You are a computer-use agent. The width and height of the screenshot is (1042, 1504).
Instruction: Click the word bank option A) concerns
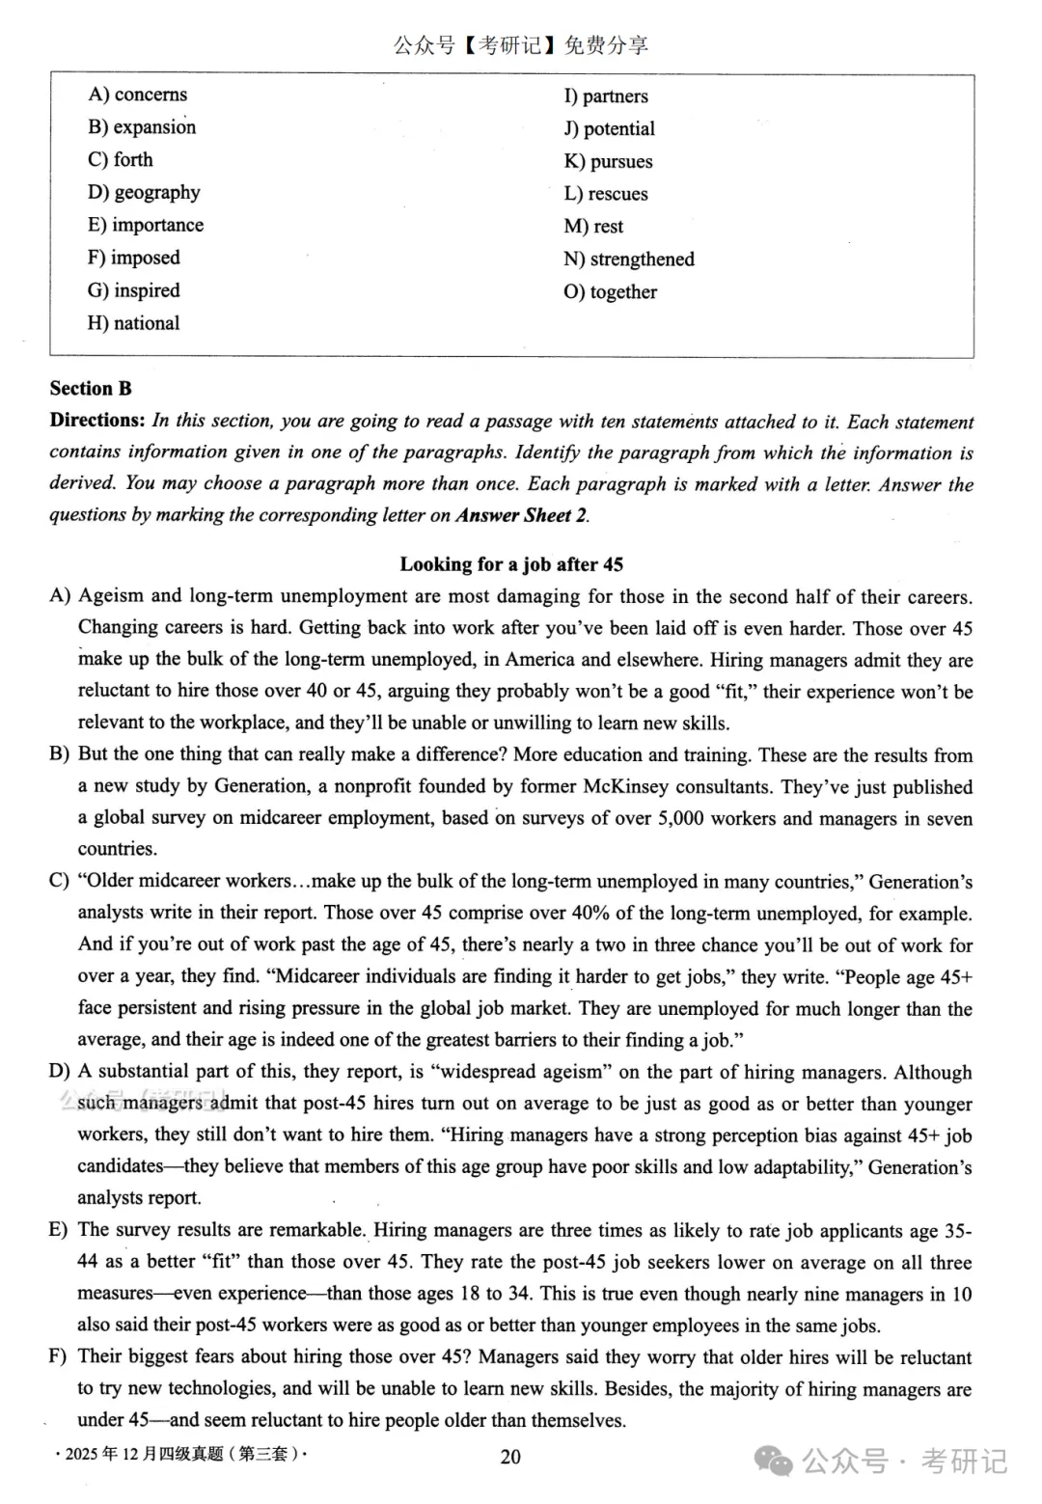click(137, 95)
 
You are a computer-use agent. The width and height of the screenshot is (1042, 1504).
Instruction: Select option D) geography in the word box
click(144, 192)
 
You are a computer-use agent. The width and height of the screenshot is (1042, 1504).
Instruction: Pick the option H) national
click(133, 323)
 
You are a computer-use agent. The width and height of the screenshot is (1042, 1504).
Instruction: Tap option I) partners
click(606, 96)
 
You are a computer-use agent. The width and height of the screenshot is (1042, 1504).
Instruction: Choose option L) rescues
click(606, 194)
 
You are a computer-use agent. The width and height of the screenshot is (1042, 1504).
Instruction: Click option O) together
click(610, 292)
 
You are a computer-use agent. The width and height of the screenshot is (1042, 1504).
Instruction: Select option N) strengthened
click(628, 260)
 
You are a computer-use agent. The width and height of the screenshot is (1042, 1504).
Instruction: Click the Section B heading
click(91, 389)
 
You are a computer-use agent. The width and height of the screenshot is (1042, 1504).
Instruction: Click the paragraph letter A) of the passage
click(60, 596)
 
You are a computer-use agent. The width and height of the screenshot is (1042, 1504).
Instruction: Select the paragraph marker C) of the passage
click(60, 881)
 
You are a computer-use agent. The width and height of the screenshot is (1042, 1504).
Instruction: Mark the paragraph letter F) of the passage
click(59, 1357)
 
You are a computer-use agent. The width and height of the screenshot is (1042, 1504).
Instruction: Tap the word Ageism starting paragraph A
click(110, 596)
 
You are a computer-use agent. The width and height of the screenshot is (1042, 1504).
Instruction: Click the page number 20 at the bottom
click(510, 1457)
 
